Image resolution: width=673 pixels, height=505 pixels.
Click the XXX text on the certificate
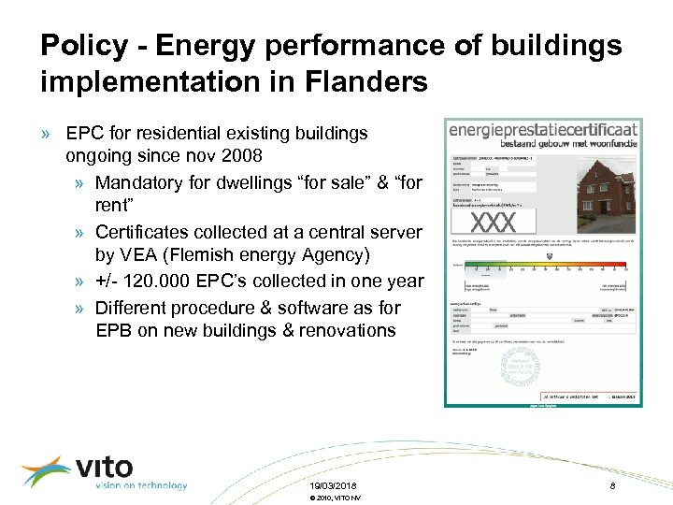pos(493,223)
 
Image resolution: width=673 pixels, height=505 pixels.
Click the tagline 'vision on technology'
pos(140,485)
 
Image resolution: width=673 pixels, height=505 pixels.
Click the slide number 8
pos(610,486)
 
